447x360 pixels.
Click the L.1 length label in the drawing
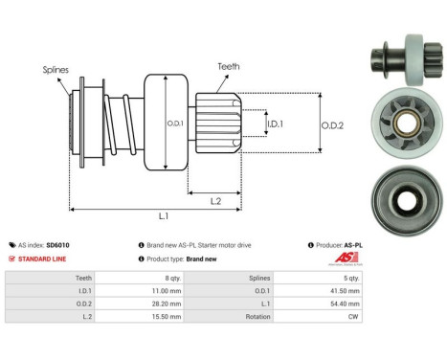point(167,218)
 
